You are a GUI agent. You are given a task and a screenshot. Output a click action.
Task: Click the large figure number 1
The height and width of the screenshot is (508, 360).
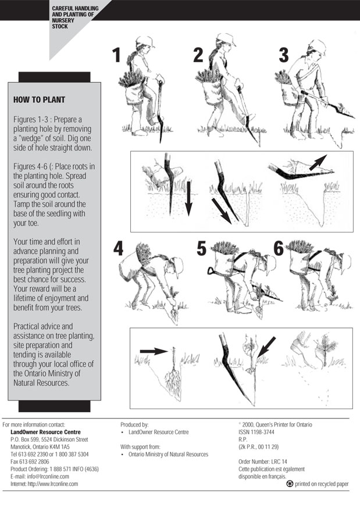point(117,55)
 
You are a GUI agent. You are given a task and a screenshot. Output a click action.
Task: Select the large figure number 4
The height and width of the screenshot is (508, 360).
point(119,249)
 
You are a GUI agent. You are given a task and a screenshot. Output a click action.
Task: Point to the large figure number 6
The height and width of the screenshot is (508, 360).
point(279,249)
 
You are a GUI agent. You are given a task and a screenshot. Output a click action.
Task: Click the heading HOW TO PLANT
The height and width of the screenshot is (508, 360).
point(39,100)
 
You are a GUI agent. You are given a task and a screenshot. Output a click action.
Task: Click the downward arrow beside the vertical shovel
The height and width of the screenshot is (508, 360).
point(188,199)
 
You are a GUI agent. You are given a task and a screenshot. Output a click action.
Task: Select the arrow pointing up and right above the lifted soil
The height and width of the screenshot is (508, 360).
point(318,162)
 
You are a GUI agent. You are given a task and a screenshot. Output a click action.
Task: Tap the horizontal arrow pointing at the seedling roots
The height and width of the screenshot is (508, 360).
point(154,351)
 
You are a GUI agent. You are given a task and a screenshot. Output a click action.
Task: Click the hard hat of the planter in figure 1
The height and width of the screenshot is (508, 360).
point(144,41)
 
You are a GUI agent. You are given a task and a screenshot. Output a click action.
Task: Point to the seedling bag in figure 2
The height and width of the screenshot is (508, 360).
point(213,91)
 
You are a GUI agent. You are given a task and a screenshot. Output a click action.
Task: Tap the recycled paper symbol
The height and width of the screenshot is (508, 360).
point(290,484)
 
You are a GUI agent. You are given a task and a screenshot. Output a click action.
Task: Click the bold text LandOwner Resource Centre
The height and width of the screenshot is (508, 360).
point(46,432)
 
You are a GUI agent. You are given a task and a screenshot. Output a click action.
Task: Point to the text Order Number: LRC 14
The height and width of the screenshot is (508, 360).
point(263,462)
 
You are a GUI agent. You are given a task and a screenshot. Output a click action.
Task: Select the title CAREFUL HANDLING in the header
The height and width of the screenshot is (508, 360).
point(75,8)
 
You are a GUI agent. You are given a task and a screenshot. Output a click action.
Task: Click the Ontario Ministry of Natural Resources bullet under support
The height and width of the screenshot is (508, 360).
point(165,454)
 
